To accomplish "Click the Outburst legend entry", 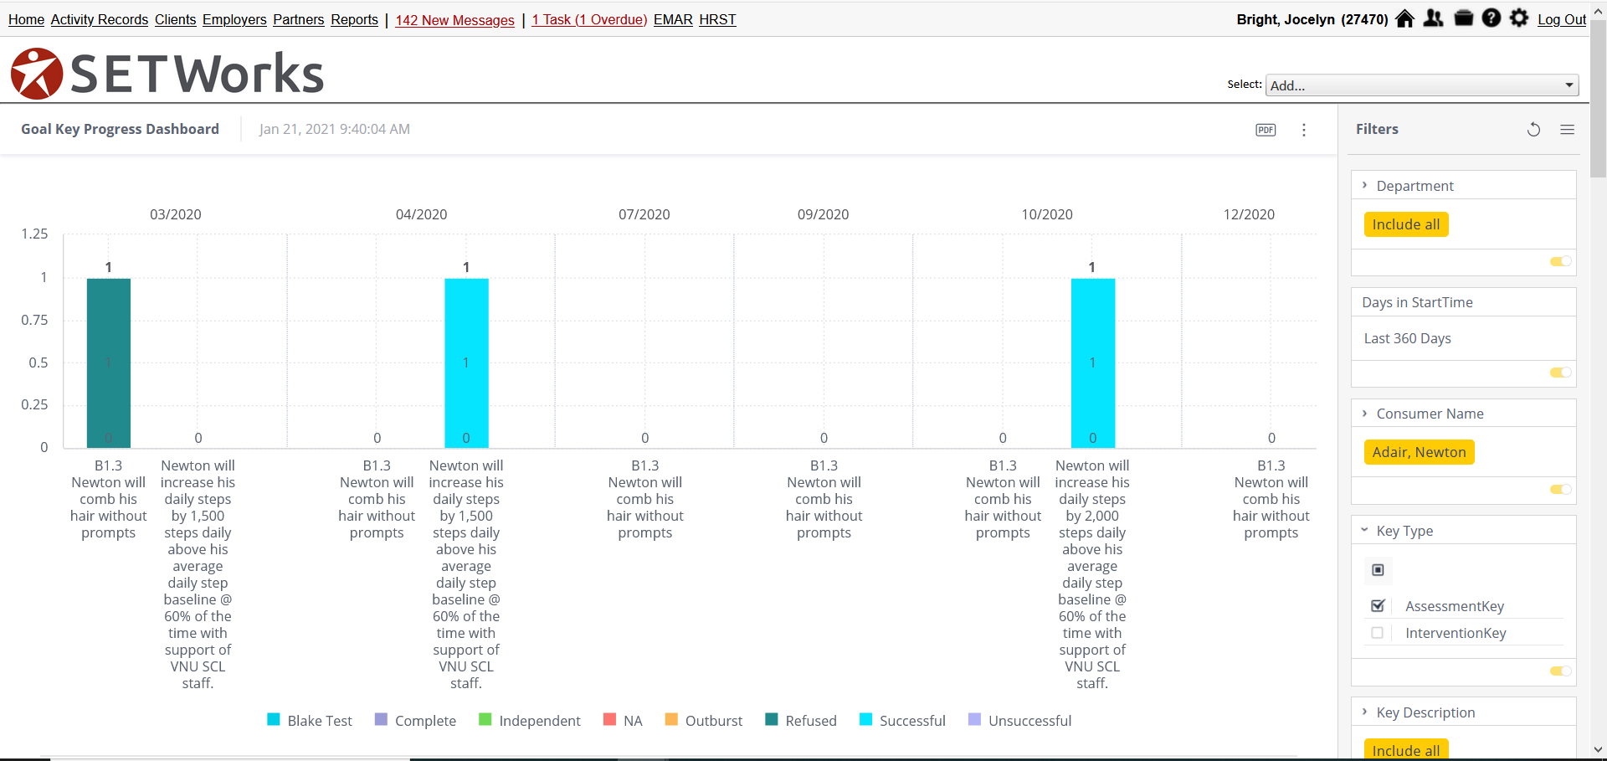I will click(x=704, y=721).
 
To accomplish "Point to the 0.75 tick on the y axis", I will click(x=34, y=320).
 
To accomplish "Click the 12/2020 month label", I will click(x=1249, y=214).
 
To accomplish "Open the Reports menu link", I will click(x=354, y=19).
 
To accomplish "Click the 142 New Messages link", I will click(x=454, y=20).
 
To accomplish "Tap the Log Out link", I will click(x=1561, y=19).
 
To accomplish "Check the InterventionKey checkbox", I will click(x=1377, y=633).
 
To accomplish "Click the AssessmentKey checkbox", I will click(x=1378, y=605).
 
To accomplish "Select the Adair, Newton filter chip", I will click(x=1419, y=452).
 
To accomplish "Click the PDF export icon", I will click(x=1266, y=130).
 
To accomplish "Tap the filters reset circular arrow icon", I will click(x=1533, y=130).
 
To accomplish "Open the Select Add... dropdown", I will click(x=1422, y=85).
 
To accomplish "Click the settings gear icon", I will click(x=1518, y=18).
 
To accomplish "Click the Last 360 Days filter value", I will click(x=1407, y=338).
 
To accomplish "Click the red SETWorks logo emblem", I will click(x=37, y=74).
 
